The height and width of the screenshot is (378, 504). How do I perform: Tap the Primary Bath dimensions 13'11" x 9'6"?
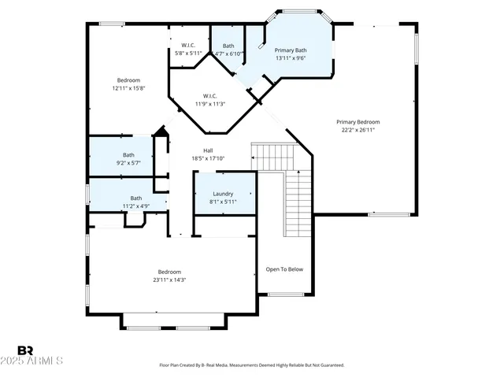pos(291,58)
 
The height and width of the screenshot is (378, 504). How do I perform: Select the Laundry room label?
pos(223,194)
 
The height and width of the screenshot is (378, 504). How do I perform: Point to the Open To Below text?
pos(284,269)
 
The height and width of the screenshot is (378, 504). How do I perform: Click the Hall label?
pos(208,150)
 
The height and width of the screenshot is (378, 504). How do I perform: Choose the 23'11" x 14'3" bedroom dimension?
pos(169,280)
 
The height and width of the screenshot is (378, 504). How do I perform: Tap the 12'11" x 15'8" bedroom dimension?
pos(128,88)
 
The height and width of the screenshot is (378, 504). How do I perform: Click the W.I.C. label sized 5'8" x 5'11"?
pos(188,46)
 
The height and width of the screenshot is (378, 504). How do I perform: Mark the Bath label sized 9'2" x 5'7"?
pos(128,155)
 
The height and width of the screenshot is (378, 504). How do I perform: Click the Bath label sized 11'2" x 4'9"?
pos(136,198)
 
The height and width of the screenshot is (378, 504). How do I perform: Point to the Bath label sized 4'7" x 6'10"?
pos(228,46)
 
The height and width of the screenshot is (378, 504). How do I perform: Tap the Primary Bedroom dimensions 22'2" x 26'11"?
pos(358,131)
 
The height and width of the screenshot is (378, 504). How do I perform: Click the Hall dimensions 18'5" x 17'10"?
pos(208,158)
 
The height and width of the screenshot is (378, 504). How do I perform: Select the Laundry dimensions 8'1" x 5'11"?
pos(223,202)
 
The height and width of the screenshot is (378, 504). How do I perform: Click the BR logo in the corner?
pos(25,350)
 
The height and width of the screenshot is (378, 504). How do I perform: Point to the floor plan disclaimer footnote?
pos(251,365)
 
